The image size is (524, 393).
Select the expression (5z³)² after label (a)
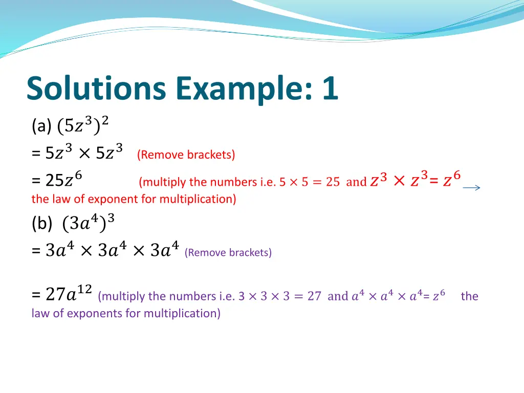click(83, 124)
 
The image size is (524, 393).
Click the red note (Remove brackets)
click(186, 155)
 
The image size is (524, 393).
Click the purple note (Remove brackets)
click(228, 252)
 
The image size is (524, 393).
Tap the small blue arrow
click(471, 188)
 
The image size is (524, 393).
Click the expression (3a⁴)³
click(88, 223)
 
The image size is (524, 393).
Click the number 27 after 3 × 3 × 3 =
click(314, 296)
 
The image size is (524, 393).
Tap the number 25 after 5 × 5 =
click(333, 182)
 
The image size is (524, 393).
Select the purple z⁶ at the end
click(439, 295)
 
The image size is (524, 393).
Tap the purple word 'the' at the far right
click(469, 296)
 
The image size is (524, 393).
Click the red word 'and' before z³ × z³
click(356, 182)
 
